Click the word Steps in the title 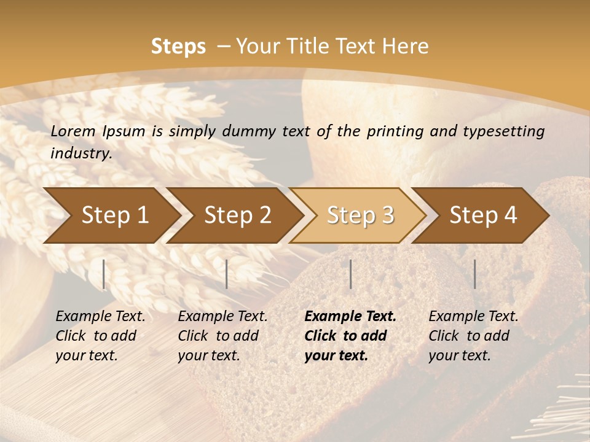click(178, 47)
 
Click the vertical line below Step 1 click(104, 274)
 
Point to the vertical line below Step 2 click(227, 274)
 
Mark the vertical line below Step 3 click(350, 274)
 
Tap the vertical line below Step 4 click(474, 274)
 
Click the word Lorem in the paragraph click(73, 131)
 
